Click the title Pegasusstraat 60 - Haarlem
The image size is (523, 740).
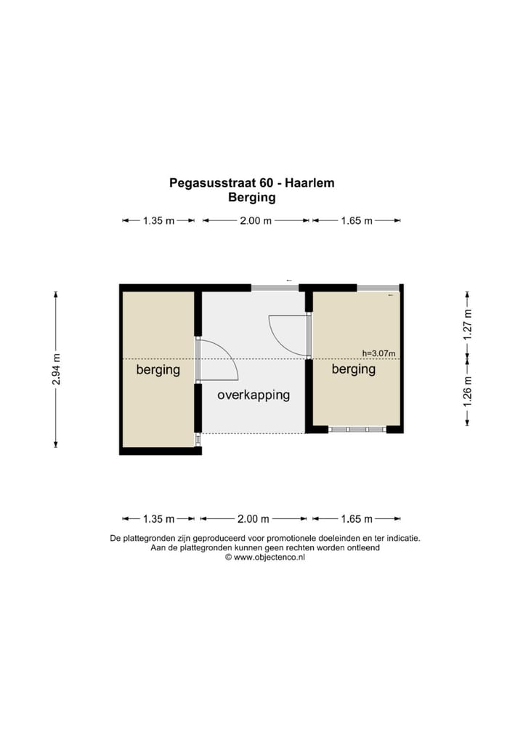[252, 183]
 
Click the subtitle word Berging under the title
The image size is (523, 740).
[252, 197]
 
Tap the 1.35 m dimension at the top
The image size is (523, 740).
[159, 221]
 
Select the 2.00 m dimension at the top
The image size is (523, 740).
[256, 221]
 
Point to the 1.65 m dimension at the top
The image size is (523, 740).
[357, 221]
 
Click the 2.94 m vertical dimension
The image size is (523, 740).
[56, 369]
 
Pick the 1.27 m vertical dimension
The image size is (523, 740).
[467, 325]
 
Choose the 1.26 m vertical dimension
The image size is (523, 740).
[467, 391]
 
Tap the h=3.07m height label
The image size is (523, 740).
[378, 353]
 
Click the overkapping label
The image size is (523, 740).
[254, 395]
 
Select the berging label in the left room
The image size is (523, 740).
[158, 369]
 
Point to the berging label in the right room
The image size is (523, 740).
[354, 369]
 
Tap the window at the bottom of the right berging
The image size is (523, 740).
[357, 430]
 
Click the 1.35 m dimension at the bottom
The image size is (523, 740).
[159, 519]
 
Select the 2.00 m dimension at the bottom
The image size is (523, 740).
[254, 519]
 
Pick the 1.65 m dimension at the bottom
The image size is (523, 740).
[357, 519]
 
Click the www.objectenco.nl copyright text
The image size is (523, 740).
[265, 558]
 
